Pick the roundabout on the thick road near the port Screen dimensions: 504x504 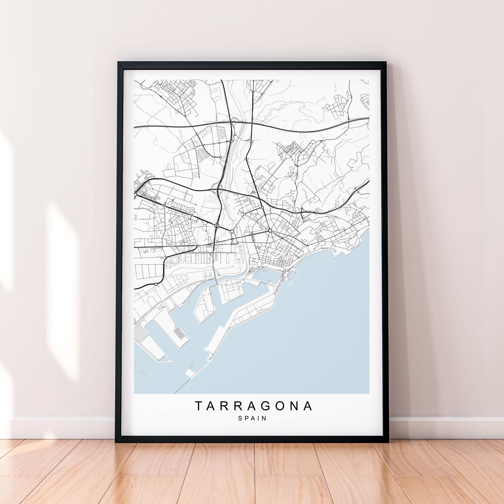coord(156,284)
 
